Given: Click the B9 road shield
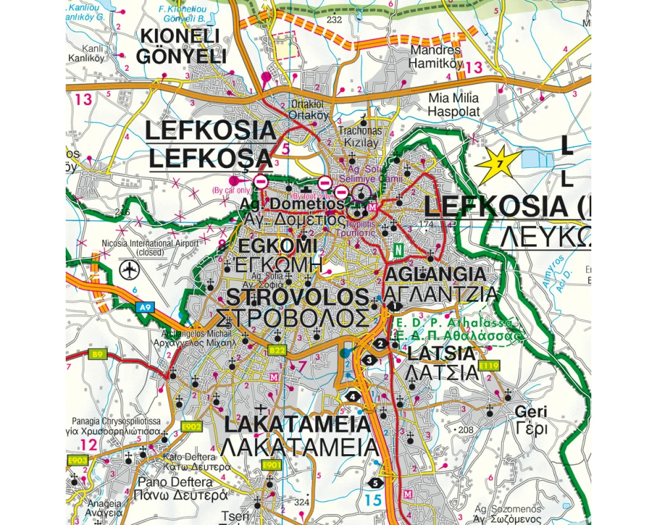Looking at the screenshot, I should [98, 354].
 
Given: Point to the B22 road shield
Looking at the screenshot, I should [277, 351].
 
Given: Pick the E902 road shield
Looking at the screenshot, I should [191, 427].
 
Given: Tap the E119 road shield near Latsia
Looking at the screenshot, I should [489, 366].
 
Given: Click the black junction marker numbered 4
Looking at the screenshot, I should [353, 396].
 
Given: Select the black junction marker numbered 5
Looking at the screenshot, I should [374, 483].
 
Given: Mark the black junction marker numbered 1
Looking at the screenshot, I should [394, 306].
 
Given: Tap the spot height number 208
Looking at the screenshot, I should [466, 430].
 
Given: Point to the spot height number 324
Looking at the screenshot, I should [301, 503].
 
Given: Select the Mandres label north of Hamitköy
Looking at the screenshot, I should [436, 50].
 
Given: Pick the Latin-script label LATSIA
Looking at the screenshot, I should [441, 353].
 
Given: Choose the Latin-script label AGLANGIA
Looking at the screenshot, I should [445, 274].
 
